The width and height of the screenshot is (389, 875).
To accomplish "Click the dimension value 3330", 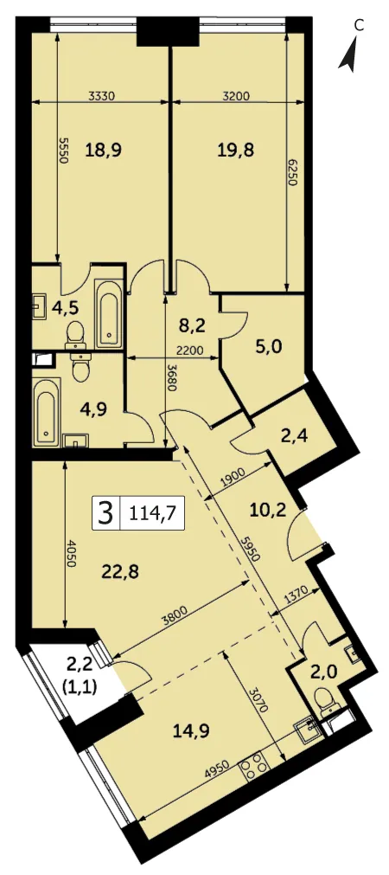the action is pyautogui.click(x=101, y=95).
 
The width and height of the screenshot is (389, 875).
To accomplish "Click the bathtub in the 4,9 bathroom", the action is pyautogui.click(x=46, y=412).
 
